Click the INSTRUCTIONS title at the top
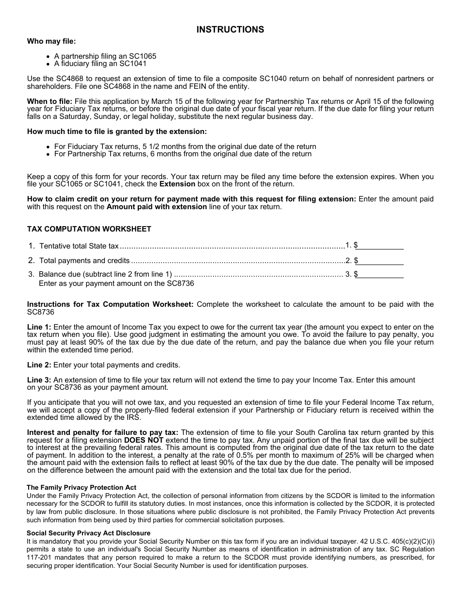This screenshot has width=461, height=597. coord(230,30)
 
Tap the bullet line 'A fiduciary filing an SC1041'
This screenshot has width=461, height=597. coord(100,64)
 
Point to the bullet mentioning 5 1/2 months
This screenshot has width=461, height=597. coord(184,147)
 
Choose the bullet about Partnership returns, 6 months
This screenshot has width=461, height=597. coord(182,154)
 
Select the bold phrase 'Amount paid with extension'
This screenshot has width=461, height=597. coord(156,207)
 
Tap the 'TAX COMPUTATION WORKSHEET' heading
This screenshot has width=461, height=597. coord(89,229)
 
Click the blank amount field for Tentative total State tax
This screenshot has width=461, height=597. coord(380,246)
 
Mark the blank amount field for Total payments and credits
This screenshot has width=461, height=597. coord(380,261)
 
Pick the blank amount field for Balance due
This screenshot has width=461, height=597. coord(380,274)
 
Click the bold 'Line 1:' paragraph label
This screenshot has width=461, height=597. coord(39,328)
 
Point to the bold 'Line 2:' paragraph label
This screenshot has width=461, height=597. coord(39,365)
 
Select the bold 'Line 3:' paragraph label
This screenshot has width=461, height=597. coord(39,380)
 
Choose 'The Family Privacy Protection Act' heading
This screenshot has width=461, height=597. coord(82,487)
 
